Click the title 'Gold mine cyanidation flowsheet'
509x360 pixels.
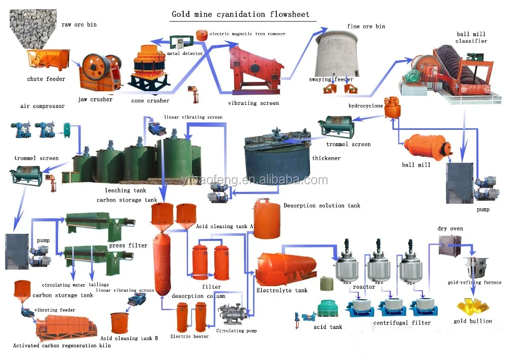click(x=240, y=14)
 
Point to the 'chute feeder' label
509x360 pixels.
click(x=46, y=79)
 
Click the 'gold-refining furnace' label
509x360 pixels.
click(x=474, y=283)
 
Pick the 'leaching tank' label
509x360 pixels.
click(x=118, y=190)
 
